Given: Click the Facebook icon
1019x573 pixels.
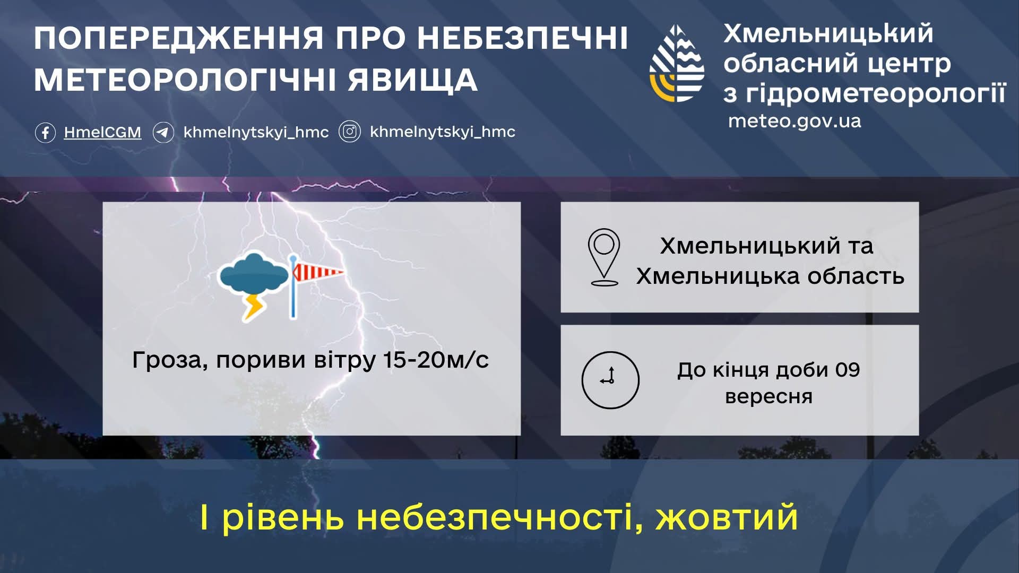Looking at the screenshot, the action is pos(45,132).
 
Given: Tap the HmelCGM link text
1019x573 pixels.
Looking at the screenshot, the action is pos(102,132).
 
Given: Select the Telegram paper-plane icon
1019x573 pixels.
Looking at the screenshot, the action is pos(163,132).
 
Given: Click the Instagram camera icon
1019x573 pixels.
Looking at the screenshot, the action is pos(350,132).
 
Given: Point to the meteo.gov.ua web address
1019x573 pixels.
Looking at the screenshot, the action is pos(795,121).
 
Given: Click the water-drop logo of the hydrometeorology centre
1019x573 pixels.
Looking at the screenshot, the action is pos(677,63).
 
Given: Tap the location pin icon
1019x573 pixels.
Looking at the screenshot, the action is pos(604,257).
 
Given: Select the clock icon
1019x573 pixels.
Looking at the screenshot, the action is pos(610,380).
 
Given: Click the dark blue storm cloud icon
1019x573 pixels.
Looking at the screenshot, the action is pos(254,274).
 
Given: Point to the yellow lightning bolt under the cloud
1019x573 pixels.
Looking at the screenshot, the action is pos(254,307).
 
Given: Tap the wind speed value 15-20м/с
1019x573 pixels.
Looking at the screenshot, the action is pos(436,360).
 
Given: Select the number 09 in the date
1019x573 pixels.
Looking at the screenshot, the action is pos(848,370).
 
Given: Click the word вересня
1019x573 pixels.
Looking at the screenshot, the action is pos(769,397).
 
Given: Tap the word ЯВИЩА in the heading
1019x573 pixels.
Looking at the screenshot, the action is pos(413,81).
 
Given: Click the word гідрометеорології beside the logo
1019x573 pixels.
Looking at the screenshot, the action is pos(876,94).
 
